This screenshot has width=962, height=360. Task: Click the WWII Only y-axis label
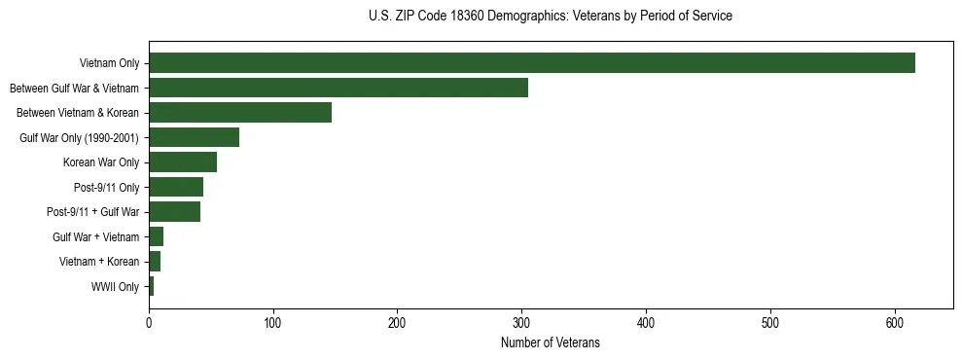[x=115, y=286]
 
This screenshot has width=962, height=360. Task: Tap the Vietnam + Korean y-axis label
[x=99, y=262]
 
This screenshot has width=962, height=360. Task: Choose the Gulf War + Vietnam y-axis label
[x=95, y=236]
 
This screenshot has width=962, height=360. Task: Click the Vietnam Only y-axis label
[x=109, y=63]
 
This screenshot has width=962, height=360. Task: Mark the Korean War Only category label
[x=101, y=162]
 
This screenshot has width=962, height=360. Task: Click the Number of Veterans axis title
[x=551, y=342]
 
